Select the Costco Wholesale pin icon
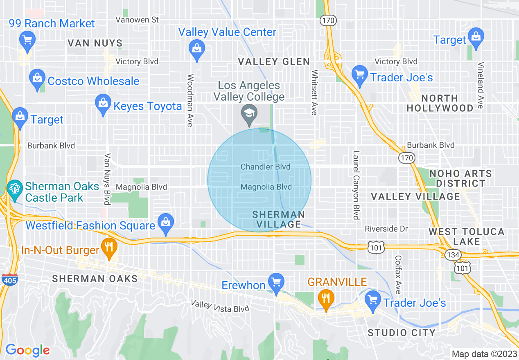coord(37,77)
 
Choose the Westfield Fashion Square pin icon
coord(166,223)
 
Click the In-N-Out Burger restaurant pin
coord(109,247)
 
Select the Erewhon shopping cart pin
coord(276,282)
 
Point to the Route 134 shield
coord(454,255)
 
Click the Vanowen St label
coord(137,20)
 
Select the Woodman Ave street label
coord(190,100)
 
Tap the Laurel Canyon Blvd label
coord(356,185)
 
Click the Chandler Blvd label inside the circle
coord(265,167)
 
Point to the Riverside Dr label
coord(386,229)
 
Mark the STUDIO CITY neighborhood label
coord(402,333)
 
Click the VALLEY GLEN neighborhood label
coord(274,62)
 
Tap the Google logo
coord(27,350)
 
